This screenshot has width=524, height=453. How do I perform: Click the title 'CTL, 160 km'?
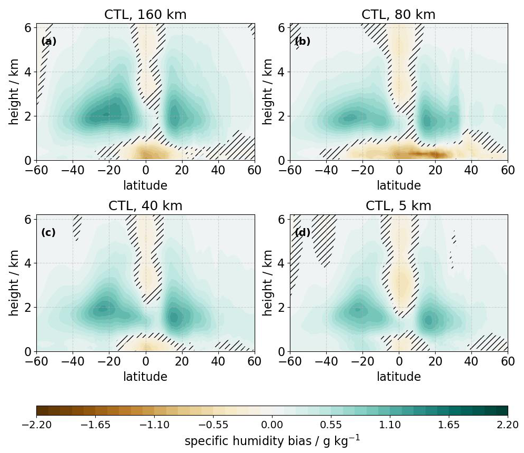[x=145, y=15]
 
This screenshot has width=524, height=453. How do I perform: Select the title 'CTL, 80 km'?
[x=398, y=15]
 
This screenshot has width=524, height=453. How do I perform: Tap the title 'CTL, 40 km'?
[x=145, y=206]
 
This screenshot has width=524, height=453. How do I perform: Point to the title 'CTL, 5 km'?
[x=398, y=206]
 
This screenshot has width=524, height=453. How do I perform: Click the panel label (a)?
[x=48, y=41]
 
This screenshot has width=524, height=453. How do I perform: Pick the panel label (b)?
[x=302, y=41]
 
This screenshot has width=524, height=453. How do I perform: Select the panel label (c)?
[x=48, y=232]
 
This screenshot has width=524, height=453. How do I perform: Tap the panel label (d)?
[x=302, y=232]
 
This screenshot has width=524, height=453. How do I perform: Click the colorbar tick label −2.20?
[x=36, y=425]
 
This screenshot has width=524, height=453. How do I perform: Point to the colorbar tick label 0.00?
[x=272, y=425]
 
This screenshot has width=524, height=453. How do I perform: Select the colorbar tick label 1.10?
[x=390, y=425]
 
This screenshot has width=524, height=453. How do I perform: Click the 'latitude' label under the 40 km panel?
[x=145, y=377]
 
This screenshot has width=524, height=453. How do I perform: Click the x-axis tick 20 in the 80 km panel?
[x=435, y=170]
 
